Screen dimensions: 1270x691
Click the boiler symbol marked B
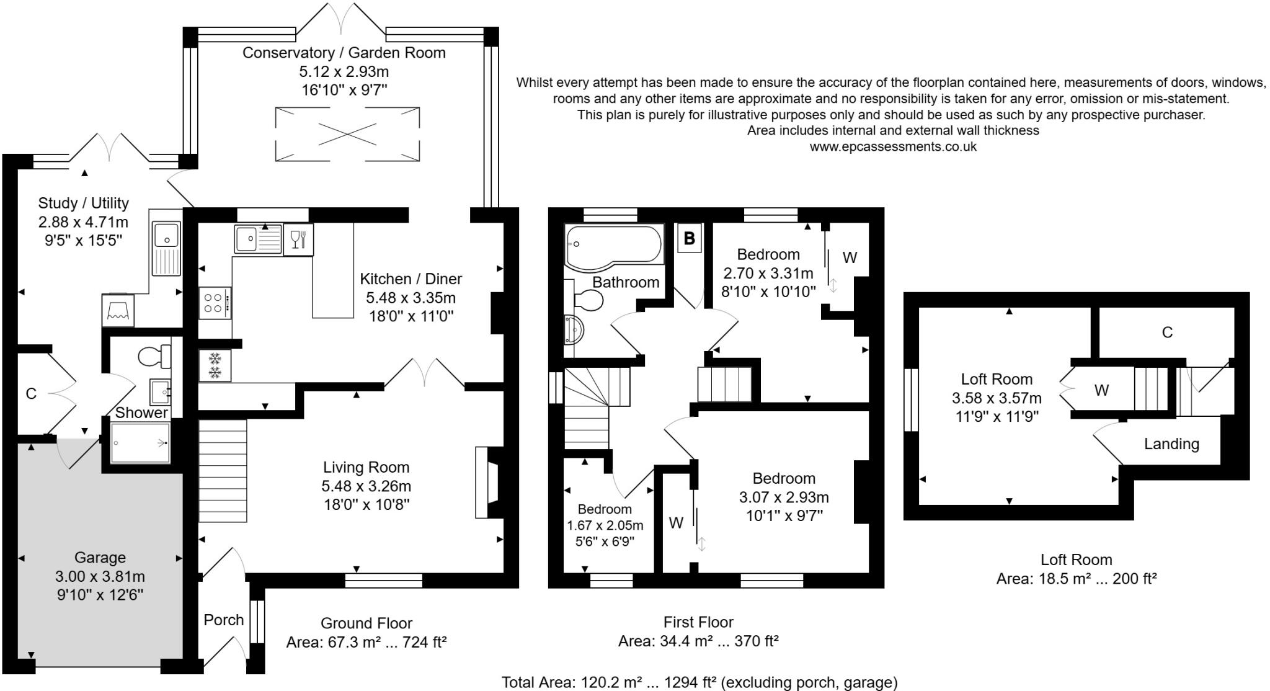tap(689, 238)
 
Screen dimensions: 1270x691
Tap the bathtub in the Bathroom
tap(613, 247)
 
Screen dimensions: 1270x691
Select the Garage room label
tap(100, 558)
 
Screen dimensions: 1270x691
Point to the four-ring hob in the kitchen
tap(215, 303)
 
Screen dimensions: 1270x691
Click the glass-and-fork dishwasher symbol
tap(298, 239)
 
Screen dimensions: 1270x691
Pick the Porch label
tap(223, 620)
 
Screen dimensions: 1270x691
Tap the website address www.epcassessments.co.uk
tap(893, 147)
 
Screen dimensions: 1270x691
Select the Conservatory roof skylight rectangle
tap(347, 133)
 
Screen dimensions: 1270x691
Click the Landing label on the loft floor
tap(1171, 444)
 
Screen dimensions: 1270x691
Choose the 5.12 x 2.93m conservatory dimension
tap(344, 71)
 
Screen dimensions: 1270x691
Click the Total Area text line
tap(699, 682)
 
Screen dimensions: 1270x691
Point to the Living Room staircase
tap(223, 471)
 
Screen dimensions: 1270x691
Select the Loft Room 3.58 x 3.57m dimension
tap(997, 398)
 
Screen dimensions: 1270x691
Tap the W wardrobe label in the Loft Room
tap(1101, 390)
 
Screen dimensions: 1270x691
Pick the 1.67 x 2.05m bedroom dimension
tap(605, 525)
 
